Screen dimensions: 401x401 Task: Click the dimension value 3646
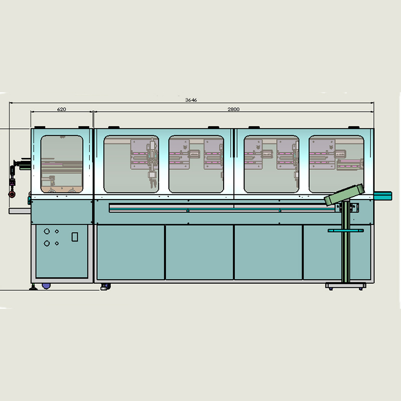point(191,100)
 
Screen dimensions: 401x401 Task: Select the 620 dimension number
point(62,109)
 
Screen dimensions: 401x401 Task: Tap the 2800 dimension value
point(234,109)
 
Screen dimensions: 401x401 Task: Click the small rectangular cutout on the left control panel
point(75,237)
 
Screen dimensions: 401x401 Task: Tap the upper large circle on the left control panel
point(47,232)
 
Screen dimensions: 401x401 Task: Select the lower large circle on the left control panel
point(47,244)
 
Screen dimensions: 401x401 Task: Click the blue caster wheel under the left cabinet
point(46,286)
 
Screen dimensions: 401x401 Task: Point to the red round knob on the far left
point(11,192)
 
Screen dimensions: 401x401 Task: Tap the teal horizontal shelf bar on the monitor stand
point(346,231)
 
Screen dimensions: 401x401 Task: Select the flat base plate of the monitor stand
point(345,285)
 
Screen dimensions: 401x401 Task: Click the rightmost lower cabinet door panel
point(336,252)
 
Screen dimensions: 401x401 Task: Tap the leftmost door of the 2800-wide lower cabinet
point(130,252)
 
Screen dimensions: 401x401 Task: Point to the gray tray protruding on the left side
point(19,212)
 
